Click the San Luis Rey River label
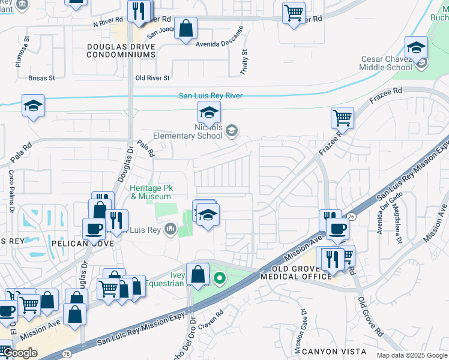(x=210, y=95)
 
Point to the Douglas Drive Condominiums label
(x=121, y=50)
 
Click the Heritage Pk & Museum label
(x=151, y=192)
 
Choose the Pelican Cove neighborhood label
(x=95, y=244)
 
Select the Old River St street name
(x=152, y=78)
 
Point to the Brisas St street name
(x=41, y=78)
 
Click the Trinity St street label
(x=244, y=62)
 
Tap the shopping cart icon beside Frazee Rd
(x=342, y=117)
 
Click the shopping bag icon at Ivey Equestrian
(x=197, y=274)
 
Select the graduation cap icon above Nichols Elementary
(x=208, y=112)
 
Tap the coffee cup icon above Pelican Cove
(x=94, y=228)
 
